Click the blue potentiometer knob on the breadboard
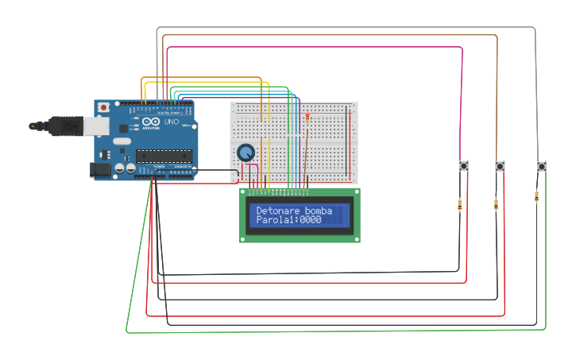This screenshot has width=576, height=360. pos(245,152)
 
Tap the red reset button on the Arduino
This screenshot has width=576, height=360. pos(103,107)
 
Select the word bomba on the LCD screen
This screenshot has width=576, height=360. pos(317,210)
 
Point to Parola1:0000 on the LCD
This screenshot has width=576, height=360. pos(288,219)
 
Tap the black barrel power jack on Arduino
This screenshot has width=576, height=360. pos(101,169)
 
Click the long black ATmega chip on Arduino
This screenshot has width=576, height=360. pos(164,156)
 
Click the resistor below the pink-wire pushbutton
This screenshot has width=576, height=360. pos(460,205)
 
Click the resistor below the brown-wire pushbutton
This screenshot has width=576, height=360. pos(497,204)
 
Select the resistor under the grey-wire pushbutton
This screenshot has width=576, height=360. pos(539,195)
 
